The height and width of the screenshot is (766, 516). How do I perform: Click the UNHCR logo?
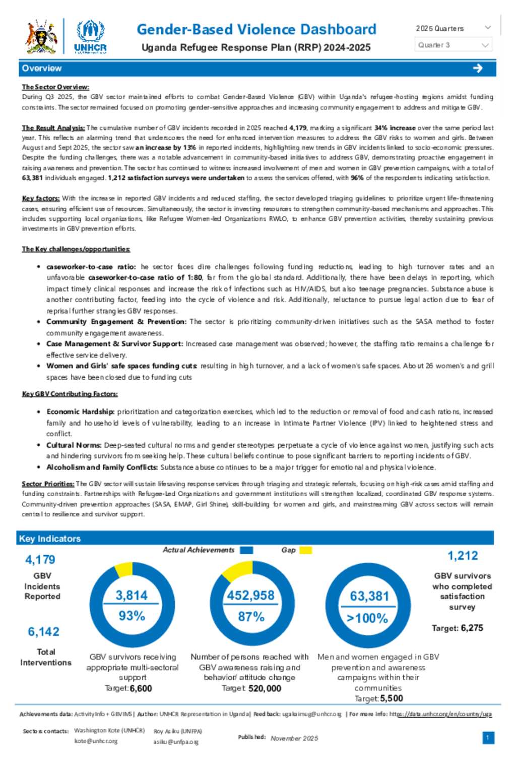(91, 36)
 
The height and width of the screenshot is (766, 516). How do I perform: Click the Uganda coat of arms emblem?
(42, 36)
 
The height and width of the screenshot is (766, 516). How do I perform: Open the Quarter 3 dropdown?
(453, 45)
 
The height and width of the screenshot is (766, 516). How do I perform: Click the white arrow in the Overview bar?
(478, 68)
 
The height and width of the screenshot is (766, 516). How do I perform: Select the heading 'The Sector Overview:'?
(55, 87)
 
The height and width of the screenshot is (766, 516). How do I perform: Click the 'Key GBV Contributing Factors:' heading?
(70, 393)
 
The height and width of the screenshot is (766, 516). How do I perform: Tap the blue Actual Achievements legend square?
(246, 550)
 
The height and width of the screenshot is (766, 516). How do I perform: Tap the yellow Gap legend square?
(305, 550)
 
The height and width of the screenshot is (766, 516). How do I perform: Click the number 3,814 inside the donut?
(132, 595)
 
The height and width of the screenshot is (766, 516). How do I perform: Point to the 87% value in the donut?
(251, 616)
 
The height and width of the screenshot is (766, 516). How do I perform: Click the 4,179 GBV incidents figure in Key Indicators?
(40, 560)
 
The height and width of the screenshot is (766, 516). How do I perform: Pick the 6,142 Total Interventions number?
(43, 631)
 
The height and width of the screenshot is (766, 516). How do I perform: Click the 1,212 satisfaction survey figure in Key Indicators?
(463, 556)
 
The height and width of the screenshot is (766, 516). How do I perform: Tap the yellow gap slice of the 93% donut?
(124, 569)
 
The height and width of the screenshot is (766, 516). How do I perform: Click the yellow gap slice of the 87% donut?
(236, 571)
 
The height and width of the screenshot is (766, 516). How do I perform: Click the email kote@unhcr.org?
(96, 741)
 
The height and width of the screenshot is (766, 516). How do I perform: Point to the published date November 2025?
(294, 738)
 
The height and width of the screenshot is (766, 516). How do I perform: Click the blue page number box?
(488, 738)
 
